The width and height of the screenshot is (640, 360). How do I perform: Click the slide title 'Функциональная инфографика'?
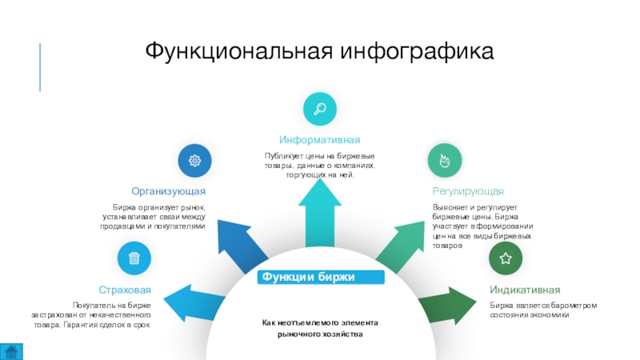(320, 52)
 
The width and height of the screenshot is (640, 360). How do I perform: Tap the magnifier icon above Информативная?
(319, 109)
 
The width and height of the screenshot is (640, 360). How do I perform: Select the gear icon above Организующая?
(194, 161)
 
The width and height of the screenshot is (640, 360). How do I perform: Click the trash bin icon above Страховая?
(134, 258)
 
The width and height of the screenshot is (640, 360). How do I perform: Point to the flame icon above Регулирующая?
(444, 161)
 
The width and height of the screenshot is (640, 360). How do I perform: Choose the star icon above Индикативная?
(506, 258)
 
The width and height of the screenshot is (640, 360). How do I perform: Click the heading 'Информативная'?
(319, 140)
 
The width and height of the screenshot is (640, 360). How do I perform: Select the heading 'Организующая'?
(170, 192)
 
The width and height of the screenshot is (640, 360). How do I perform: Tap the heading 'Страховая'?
(125, 290)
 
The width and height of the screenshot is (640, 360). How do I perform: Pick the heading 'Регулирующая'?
(468, 192)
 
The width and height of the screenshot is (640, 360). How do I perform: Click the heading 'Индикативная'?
(525, 290)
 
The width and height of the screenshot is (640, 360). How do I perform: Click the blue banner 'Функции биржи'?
(320, 278)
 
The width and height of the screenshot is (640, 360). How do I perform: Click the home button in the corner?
(11, 350)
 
